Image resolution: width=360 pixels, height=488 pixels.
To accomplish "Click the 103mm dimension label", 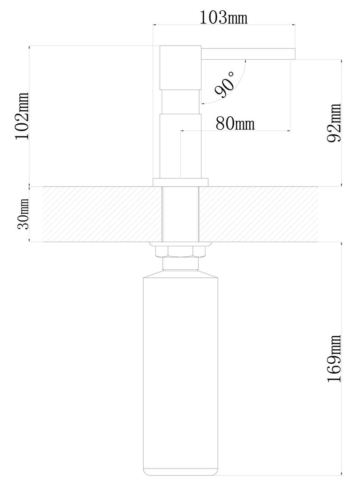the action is coord(223,18).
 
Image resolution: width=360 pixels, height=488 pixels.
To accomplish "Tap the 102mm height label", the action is coord(22,116).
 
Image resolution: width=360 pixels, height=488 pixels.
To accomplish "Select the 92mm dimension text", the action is coord(334,123).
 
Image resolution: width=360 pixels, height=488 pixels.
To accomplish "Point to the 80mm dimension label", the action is coord(235,123).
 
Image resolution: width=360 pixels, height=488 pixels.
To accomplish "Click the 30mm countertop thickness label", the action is coord(23,214).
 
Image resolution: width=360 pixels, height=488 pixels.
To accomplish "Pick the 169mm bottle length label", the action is coord(334,359).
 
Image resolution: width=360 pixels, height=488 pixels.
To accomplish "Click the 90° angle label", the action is coord(224,84).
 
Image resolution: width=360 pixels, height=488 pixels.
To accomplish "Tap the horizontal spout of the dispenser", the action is coord(248,53).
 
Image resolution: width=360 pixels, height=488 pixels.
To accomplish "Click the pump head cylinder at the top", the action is coord(181,68).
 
